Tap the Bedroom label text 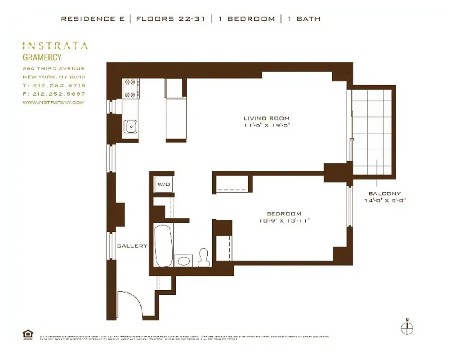click(x=284, y=214)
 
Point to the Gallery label click(x=132, y=246)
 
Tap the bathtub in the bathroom click(x=163, y=245)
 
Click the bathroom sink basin click(x=184, y=261)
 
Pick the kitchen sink click(x=130, y=127)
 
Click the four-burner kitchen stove click(x=131, y=88)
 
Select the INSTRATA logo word click(x=55, y=45)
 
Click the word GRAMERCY click(x=42, y=57)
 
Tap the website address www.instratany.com click(x=54, y=103)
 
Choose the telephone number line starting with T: click(x=54, y=85)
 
